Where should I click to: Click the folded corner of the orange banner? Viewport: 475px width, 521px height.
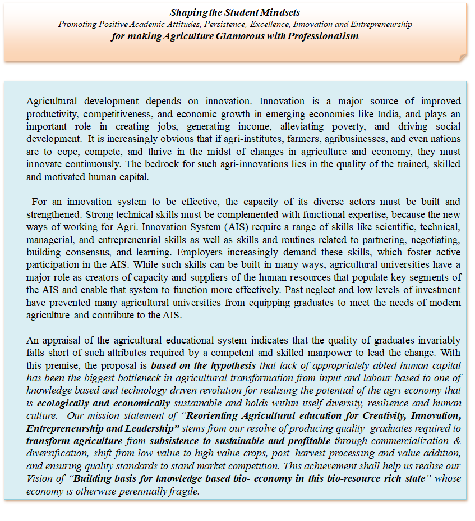462,57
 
